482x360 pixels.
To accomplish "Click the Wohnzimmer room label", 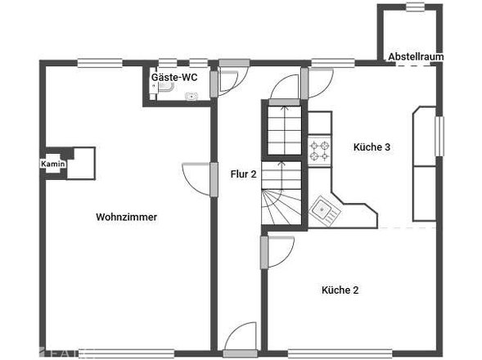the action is point(126,217).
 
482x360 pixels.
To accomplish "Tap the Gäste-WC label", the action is point(174,77).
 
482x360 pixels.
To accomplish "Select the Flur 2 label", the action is point(244,174).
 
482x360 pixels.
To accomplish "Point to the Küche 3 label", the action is point(372,147).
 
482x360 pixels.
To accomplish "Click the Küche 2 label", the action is point(340,290).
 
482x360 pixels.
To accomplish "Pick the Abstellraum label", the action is point(416,56).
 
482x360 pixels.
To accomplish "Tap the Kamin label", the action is point(53,164).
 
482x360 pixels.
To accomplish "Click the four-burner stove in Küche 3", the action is point(320,151).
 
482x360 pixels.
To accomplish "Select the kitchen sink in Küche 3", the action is point(325,212).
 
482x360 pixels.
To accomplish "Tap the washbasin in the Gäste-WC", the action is point(191,97).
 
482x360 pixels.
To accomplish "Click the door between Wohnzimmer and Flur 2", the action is point(200,179).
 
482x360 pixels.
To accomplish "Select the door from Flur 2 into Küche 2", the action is point(277,252).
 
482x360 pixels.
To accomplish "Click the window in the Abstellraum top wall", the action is point(415,7).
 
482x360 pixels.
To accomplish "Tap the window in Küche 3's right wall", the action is point(439,136).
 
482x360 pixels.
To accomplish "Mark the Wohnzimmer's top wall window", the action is point(100,63).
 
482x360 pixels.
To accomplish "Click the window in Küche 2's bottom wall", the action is point(340,353).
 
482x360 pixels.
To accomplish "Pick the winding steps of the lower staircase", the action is point(281,207).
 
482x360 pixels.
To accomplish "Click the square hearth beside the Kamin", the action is point(81,164).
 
